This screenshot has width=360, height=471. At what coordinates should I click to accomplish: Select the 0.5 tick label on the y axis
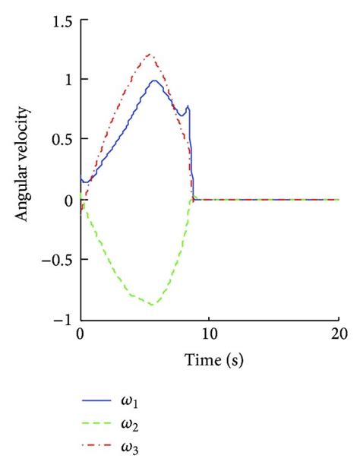(62, 139)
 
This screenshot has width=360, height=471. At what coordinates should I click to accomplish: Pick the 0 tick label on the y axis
(68, 200)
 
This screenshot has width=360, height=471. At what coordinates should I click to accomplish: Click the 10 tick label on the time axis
(210, 335)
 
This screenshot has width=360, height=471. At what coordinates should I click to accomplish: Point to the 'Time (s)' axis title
(210, 357)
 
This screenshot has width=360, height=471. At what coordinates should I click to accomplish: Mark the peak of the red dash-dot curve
(150, 55)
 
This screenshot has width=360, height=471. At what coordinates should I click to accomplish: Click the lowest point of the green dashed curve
(153, 305)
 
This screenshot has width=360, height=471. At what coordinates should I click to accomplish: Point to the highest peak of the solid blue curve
(154, 80)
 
